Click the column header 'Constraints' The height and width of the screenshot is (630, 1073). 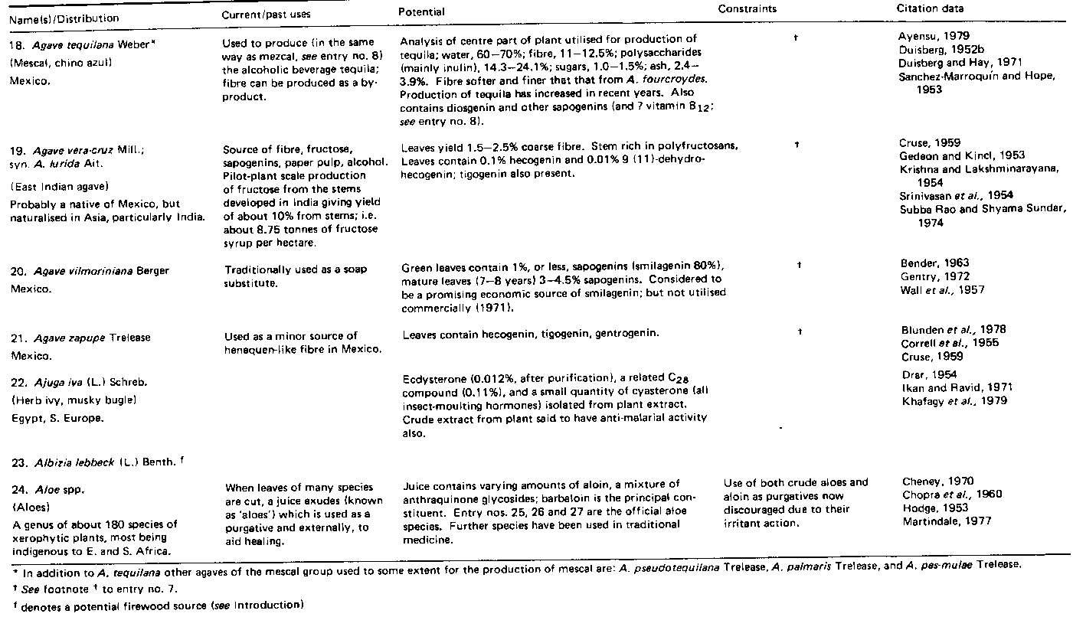pos(747,9)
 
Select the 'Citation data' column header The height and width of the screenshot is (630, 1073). pos(930,9)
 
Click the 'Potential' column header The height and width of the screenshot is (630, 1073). pos(421,12)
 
